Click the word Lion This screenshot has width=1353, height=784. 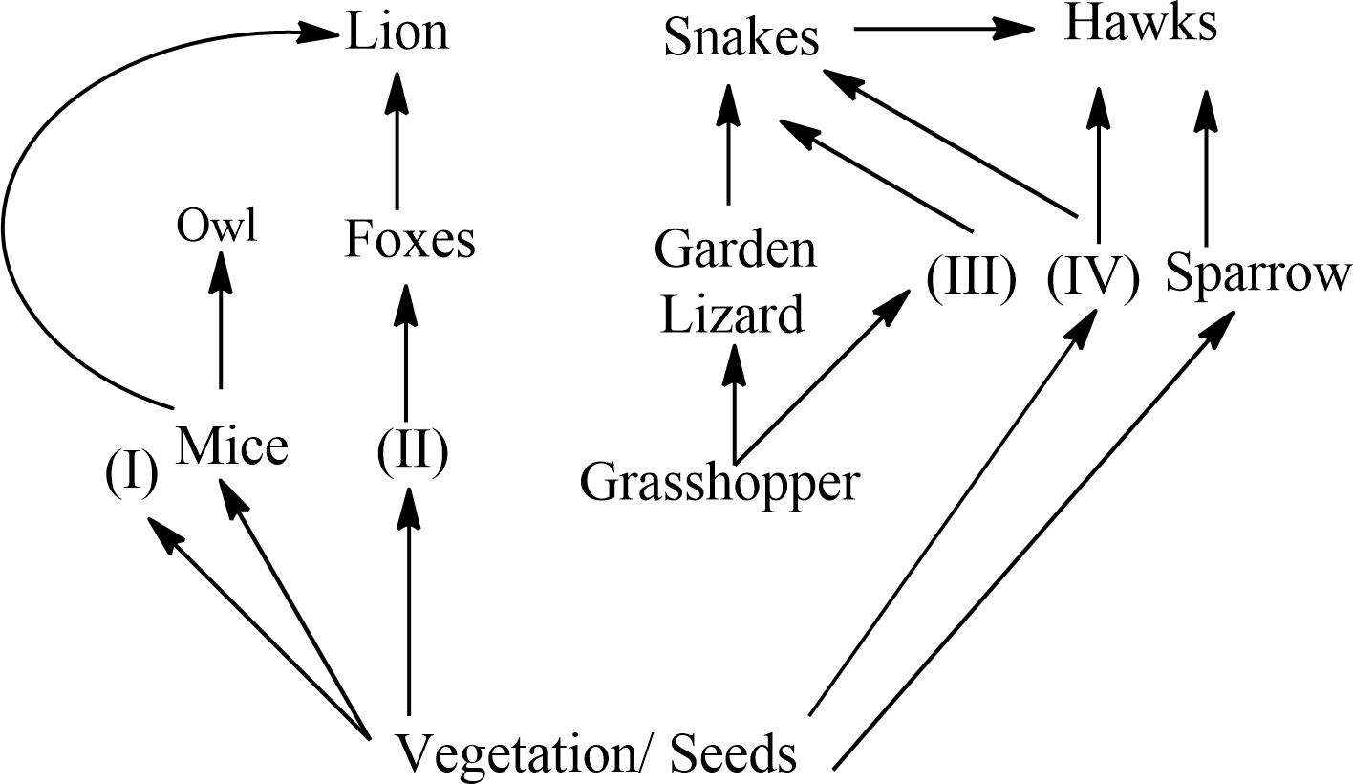click(x=397, y=32)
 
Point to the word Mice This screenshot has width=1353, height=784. click(x=233, y=446)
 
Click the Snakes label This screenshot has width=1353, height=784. click(x=742, y=38)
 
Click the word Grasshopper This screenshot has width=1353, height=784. click(x=720, y=483)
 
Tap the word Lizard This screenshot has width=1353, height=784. click(x=733, y=315)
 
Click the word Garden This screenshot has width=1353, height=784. click(x=736, y=250)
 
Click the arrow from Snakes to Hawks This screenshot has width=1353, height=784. click(x=946, y=29)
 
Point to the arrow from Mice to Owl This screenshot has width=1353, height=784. click(x=221, y=320)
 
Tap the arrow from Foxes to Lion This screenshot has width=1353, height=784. click(x=397, y=143)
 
